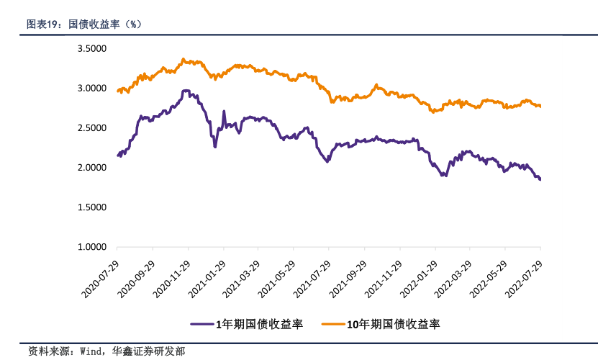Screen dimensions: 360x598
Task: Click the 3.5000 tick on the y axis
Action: [x=91, y=49]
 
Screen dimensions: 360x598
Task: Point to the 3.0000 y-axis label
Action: [x=91, y=89]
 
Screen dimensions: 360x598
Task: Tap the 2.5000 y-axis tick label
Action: [x=91, y=128]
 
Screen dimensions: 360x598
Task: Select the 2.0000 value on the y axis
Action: [x=91, y=168]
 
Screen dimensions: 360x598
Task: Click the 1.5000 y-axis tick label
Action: [x=91, y=207]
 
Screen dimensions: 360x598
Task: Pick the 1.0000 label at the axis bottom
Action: [x=91, y=247]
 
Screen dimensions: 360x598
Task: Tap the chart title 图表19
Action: [x=43, y=24]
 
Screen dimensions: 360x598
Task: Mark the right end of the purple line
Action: [x=540, y=179]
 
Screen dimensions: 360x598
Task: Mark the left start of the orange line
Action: [x=117, y=91]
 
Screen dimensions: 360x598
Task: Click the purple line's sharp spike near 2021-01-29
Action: [x=224, y=112]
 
